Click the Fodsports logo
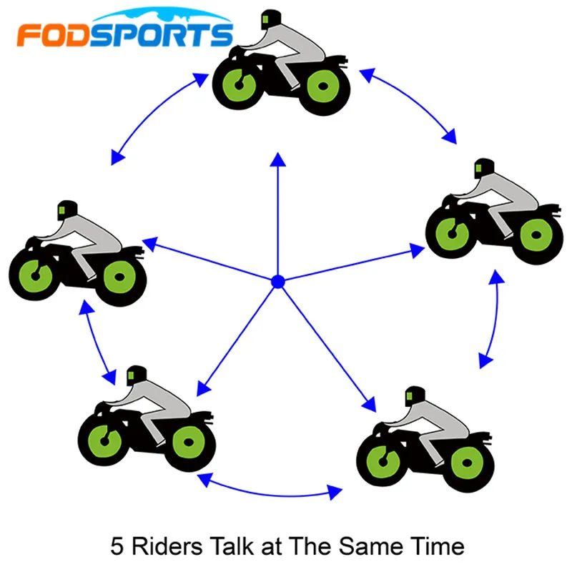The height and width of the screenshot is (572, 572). [125, 32]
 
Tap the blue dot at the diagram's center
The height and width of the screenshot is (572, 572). [278, 282]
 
